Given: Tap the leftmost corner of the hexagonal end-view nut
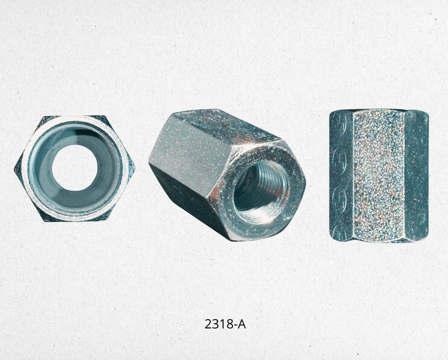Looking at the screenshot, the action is pyautogui.click(x=14, y=170).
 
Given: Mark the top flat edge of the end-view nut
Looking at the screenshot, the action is pyautogui.click(x=74, y=116).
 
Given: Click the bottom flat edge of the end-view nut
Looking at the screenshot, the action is pyautogui.click(x=75, y=221).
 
